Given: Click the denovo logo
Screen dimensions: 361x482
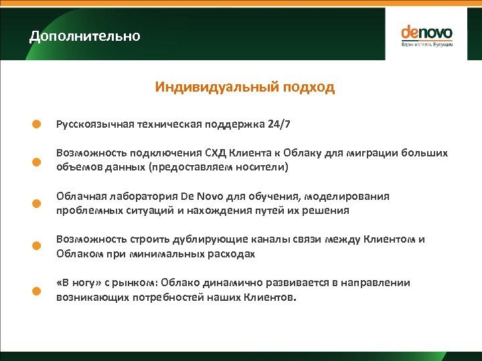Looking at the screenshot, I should (426, 35).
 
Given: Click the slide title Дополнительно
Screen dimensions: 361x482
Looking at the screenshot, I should (85, 36).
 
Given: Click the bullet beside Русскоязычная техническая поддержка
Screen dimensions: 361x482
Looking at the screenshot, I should (38, 124).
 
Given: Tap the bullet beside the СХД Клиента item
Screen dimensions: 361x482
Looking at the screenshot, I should (38, 161).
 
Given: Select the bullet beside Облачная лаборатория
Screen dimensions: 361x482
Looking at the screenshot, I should (38, 204).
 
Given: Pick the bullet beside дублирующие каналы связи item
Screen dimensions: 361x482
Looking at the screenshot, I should (38, 246).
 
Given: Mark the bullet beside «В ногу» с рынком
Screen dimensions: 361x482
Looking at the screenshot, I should (38, 289).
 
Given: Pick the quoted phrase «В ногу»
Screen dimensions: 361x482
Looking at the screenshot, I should (80, 283).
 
